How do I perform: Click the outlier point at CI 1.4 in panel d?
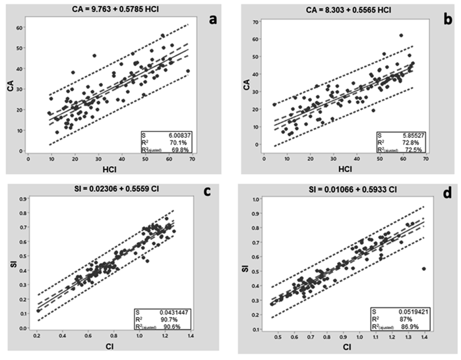(423, 268)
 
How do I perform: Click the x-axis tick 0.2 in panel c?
(38, 336)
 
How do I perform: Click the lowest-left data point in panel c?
(38, 311)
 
